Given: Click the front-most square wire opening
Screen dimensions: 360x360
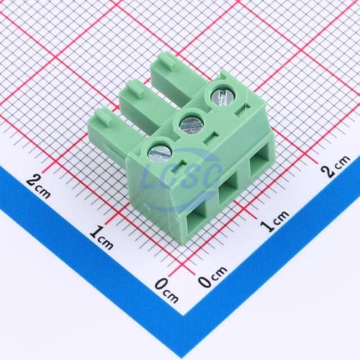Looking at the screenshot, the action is tap(196, 223).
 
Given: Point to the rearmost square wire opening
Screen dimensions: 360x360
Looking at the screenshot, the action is tap(259, 163).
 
